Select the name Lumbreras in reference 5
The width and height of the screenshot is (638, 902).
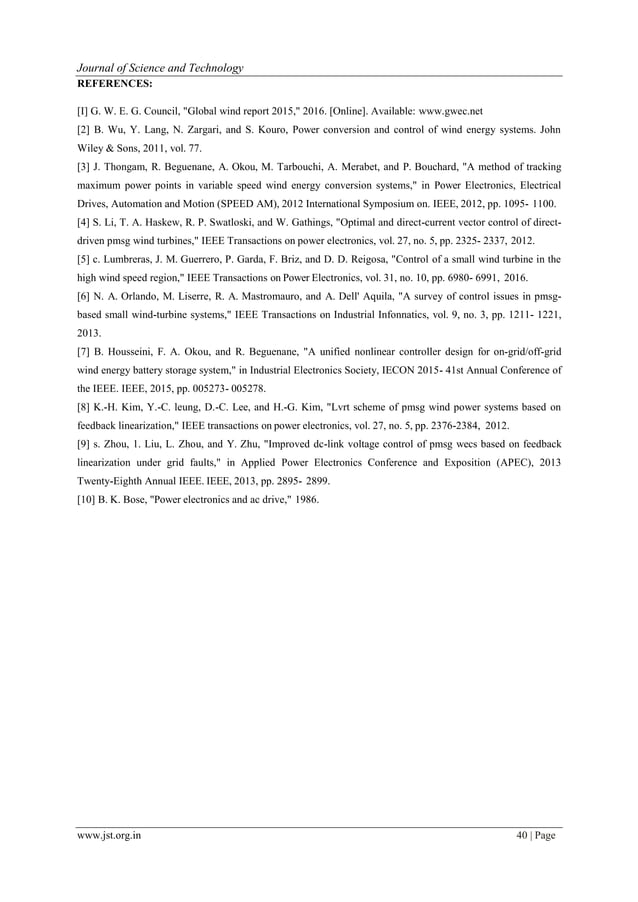pos(129,258)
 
